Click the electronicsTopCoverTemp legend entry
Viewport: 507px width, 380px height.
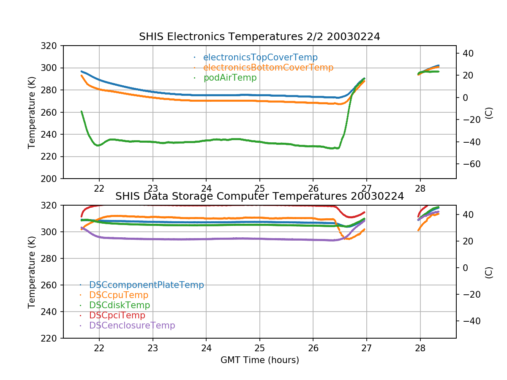(260, 57)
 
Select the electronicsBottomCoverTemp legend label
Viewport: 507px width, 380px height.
(268, 68)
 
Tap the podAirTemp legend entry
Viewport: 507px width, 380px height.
(230, 78)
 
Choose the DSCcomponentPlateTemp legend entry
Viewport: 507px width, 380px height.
(146, 285)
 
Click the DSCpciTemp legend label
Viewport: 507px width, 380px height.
(117, 315)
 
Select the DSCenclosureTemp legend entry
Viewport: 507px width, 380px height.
(132, 326)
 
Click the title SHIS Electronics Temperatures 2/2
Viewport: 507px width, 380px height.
(259, 37)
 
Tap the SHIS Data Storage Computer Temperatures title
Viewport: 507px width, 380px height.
(259, 196)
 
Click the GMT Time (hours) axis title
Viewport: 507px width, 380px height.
(259, 360)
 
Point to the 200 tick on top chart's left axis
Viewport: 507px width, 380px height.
(52, 179)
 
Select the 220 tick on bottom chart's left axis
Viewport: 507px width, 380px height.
(52, 338)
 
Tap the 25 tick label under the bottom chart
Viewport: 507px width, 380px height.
(259, 347)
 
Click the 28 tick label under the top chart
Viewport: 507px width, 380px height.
(420, 188)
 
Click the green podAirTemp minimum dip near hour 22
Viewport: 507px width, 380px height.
(98, 145)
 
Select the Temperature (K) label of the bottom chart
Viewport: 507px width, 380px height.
(32, 271)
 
